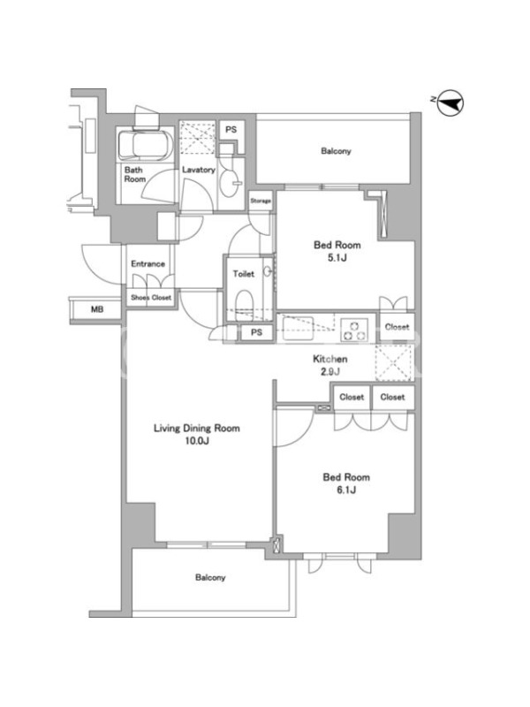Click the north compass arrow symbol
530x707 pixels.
tap(450, 104)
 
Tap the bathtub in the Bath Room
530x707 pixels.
tap(145, 143)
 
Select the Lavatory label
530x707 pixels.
tap(198, 170)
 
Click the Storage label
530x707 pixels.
tap(261, 201)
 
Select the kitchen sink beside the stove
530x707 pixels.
tap(298, 329)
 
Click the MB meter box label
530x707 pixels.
tap(97, 309)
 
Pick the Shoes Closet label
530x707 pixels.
tap(151, 298)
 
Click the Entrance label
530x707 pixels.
tap(148, 263)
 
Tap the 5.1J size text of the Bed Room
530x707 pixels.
tap(337, 258)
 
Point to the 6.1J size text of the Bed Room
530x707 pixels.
tap(346, 490)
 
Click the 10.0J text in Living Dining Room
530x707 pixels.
tap(197, 441)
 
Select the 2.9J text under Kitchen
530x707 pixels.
tap(330, 372)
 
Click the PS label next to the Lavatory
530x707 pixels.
tap(231, 130)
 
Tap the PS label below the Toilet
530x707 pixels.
tap(256, 333)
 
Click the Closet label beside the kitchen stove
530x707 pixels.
tap(397, 327)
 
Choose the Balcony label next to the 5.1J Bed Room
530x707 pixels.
tap(336, 151)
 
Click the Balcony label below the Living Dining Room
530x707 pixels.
tap(210, 578)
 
